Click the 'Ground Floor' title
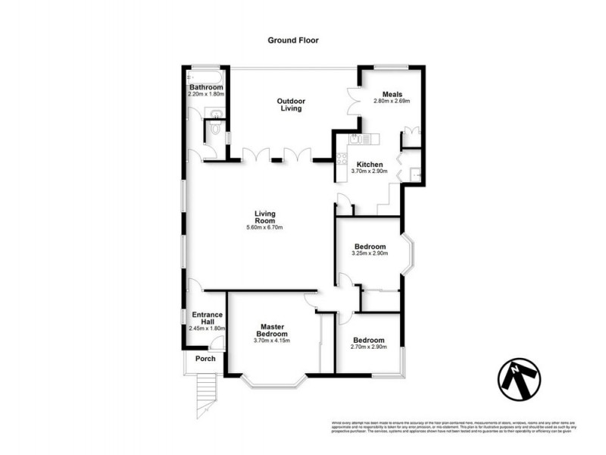(x=292, y=40)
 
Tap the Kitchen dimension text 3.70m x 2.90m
(x=370, y=171)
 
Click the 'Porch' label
(x=205, y=359)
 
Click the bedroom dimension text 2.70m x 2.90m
(x=369, y=347)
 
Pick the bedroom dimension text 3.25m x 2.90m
(x=370, y=254)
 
